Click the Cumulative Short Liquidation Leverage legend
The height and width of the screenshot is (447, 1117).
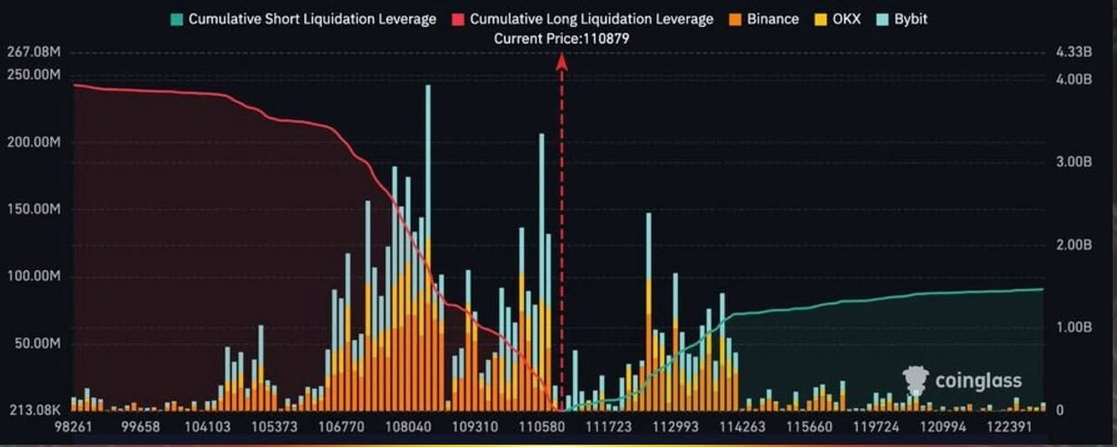tap(303, 19)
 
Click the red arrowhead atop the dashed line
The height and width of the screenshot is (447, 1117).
tap(562, 61)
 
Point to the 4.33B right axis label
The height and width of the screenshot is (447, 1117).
tap(1074, 54)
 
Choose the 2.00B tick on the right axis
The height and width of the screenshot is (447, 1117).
tap(1074, 245)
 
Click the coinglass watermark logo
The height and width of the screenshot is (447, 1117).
tap(962, 381)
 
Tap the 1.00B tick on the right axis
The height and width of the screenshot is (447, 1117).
tap(1074, 327)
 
